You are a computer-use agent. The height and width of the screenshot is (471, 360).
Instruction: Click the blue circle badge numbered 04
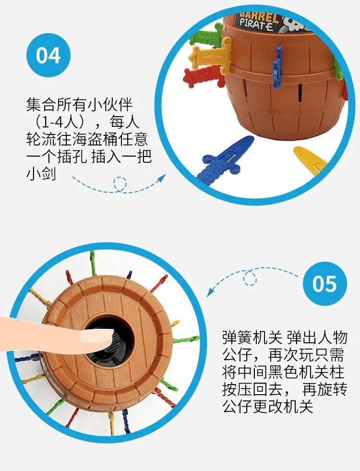click(x=48, y=56)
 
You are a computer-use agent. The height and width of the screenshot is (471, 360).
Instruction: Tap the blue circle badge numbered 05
click(x=324, y=284)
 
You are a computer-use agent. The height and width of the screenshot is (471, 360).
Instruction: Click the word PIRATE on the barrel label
click(x=257, y=25)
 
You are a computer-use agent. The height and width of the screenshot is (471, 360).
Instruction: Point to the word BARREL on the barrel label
click(x=260, y=14)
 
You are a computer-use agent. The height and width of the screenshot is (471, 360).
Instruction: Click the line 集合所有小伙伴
click(x=79, y=104)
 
